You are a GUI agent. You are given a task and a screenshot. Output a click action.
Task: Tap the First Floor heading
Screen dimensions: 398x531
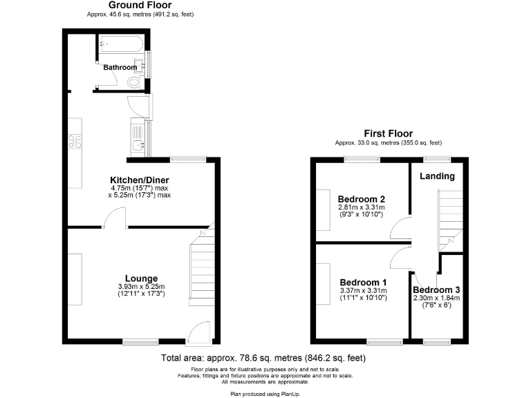[x=388, y=133]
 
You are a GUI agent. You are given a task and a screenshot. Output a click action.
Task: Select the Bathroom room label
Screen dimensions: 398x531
[x=120, y=68]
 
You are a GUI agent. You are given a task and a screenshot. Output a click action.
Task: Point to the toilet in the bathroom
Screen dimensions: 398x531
[x=135, y=82]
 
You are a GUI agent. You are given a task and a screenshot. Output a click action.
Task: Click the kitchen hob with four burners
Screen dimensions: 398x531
[x=75, y=142]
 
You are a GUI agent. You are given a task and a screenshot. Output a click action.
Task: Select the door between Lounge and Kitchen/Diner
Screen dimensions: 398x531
[x=115, y=220]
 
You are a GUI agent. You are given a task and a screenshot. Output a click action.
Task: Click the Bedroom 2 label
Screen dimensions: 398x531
[x=362, y=199]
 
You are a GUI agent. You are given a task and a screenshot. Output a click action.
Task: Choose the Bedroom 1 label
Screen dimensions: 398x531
[x=363, y=283]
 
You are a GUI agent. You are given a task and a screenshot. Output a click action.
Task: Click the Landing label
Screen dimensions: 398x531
[x=438, y=176]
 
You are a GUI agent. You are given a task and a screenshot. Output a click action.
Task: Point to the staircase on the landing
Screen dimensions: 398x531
[x=449, y=214]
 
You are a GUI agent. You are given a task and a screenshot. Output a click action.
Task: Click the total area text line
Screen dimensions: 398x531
[x=263, y=358]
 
